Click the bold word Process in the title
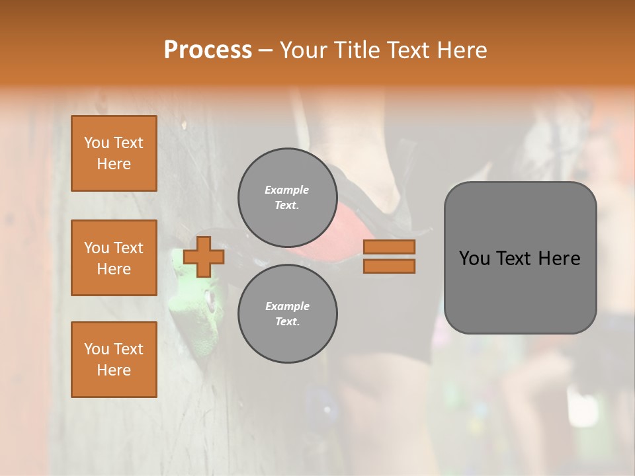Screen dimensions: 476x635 (208, 50)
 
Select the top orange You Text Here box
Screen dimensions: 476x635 (114, 153)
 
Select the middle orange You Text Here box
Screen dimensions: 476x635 (114, 258)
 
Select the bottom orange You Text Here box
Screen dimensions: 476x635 (114, 359)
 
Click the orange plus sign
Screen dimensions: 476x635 (204, 257)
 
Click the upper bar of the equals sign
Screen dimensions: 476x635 (389, 247)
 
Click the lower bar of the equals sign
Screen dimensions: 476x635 (389, 266)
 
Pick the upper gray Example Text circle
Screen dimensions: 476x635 (287, 198)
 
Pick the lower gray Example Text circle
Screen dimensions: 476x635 (287, 314)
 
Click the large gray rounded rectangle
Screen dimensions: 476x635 (520, 291)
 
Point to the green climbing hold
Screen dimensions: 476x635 (196, 311)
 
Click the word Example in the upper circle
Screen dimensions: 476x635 (287, 190)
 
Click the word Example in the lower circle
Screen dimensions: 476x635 (287, 306)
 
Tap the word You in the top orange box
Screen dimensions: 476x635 (97, 143)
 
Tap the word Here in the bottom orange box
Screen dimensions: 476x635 (114, 370)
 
